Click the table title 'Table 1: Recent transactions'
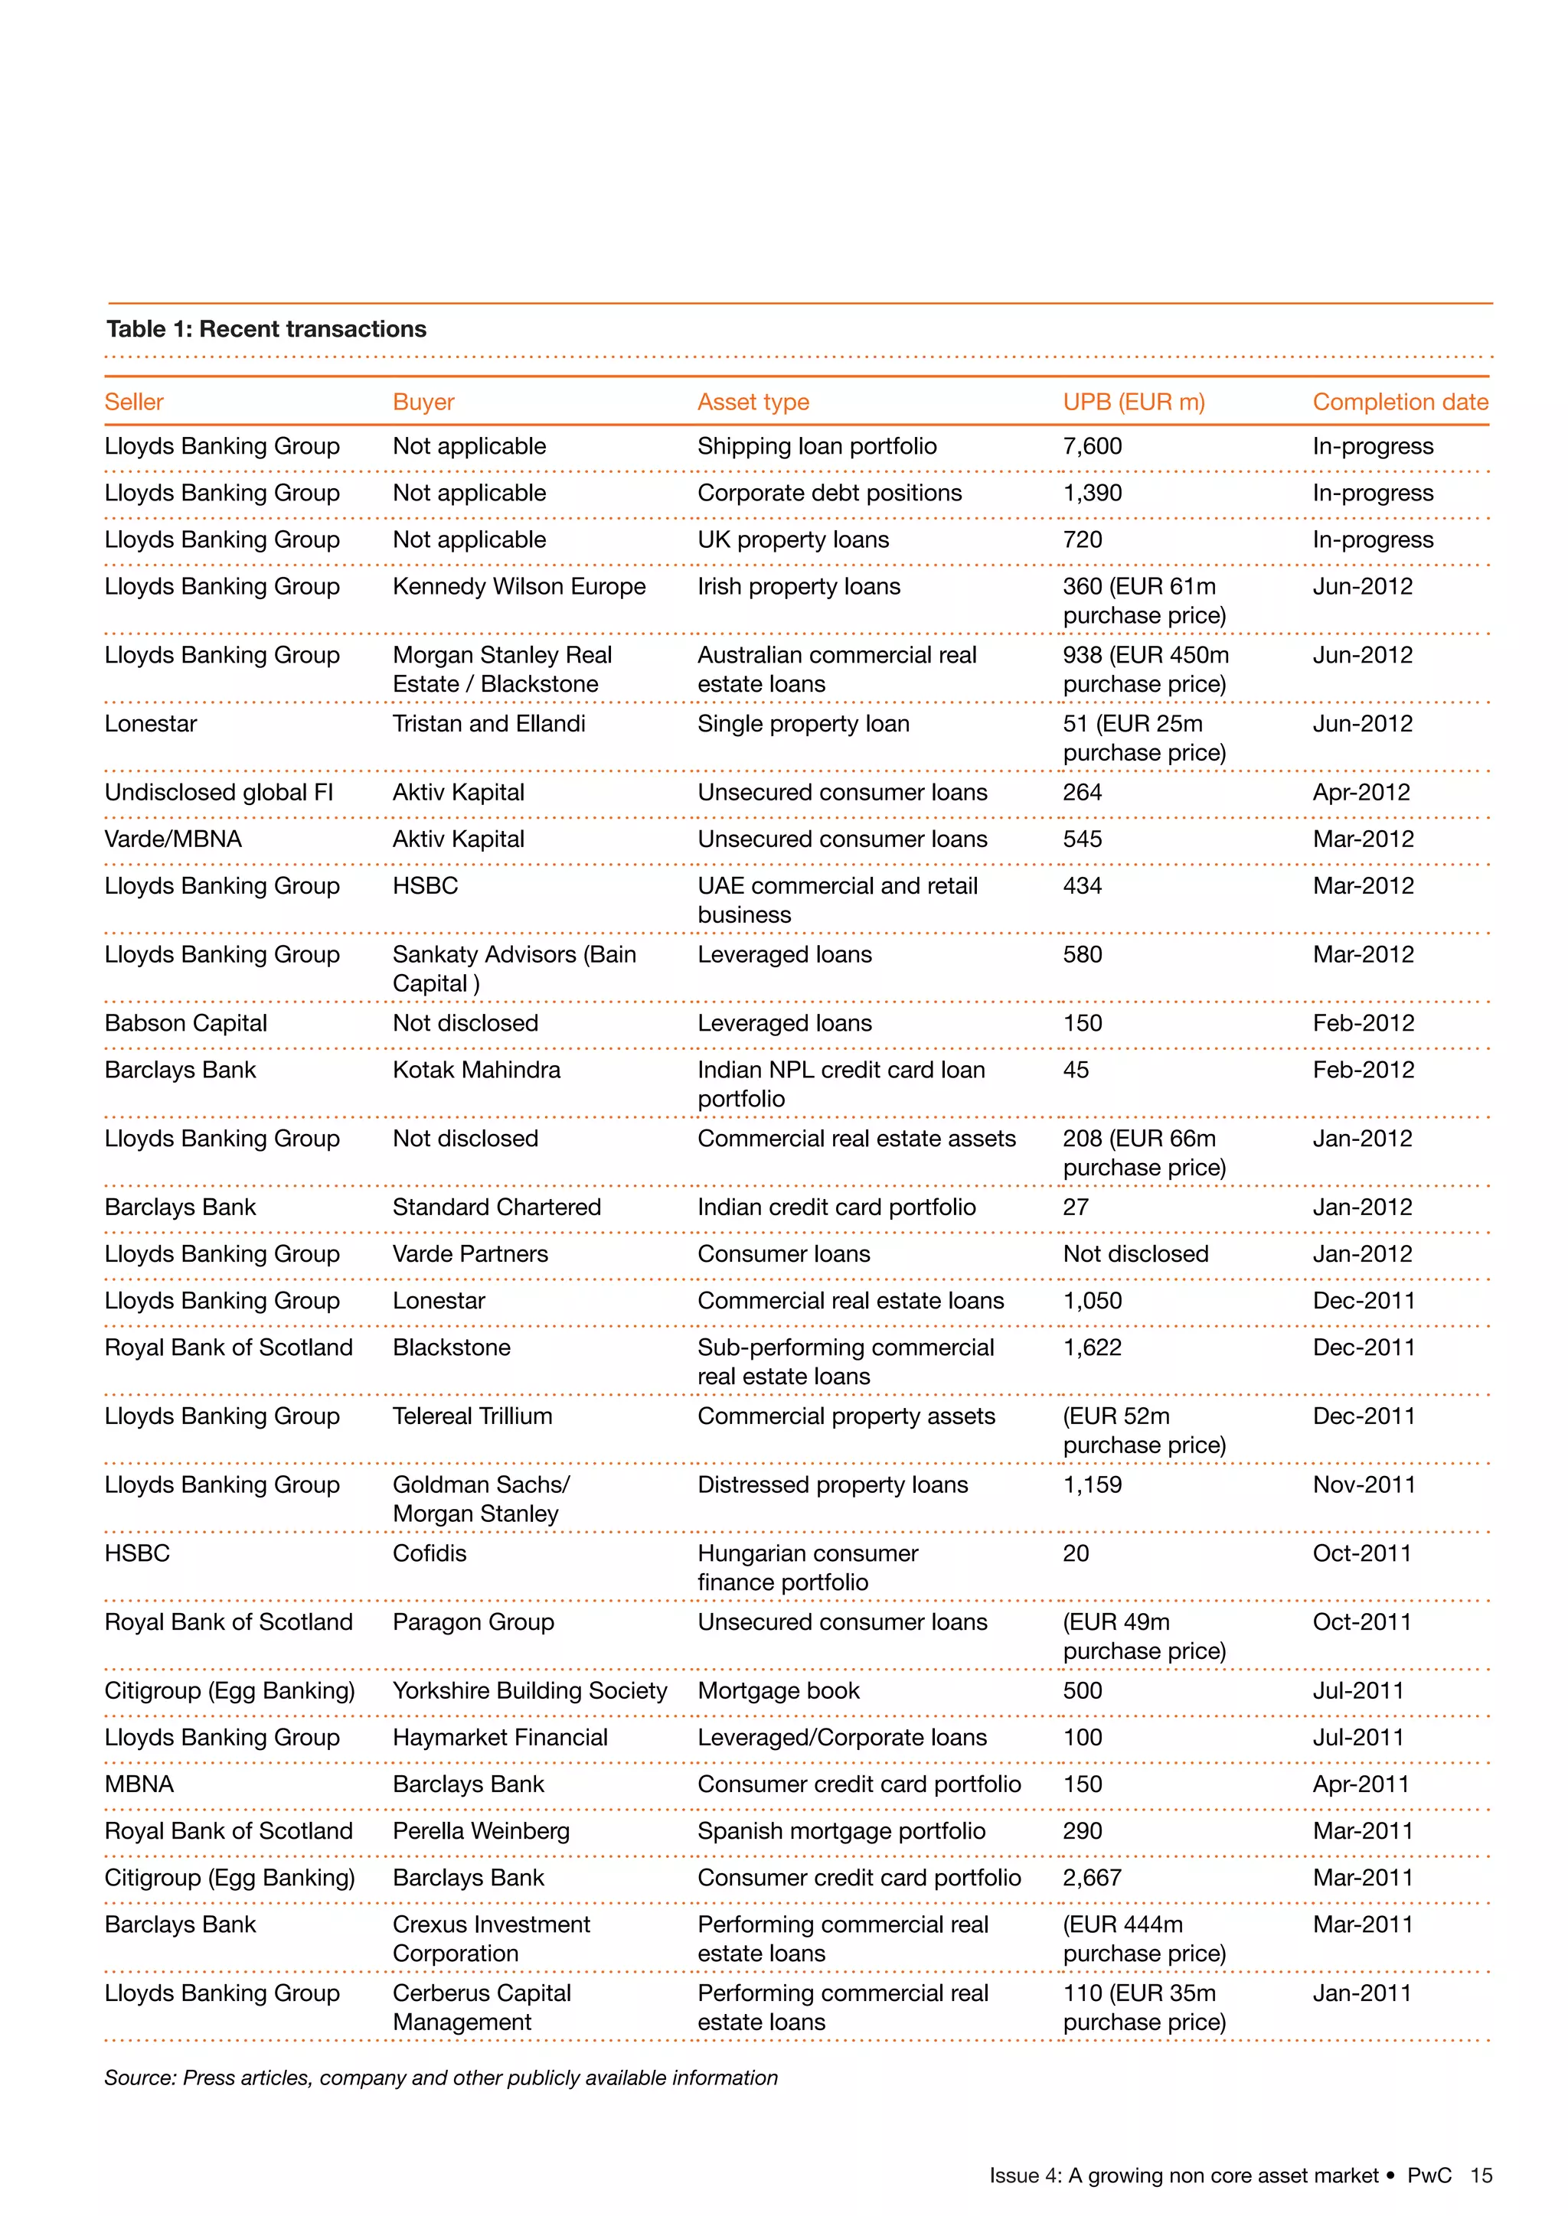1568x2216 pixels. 266,329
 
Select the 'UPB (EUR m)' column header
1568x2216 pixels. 1134,402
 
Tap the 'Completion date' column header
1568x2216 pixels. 1400,402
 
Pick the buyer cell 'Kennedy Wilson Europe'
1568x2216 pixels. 518,587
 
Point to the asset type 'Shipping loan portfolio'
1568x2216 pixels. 817,446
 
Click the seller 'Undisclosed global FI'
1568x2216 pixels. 218,793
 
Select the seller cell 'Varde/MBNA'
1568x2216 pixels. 173,839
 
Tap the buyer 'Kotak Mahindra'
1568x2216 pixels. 476,1071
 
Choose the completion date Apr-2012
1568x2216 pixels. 1361,793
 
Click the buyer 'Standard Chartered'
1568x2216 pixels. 496,1207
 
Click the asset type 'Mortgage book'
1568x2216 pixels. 778,1691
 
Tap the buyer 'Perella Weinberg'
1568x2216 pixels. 481,1831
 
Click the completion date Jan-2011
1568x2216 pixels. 1361,1993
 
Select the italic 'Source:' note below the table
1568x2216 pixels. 440,2078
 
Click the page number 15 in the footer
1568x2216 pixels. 1480,2175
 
